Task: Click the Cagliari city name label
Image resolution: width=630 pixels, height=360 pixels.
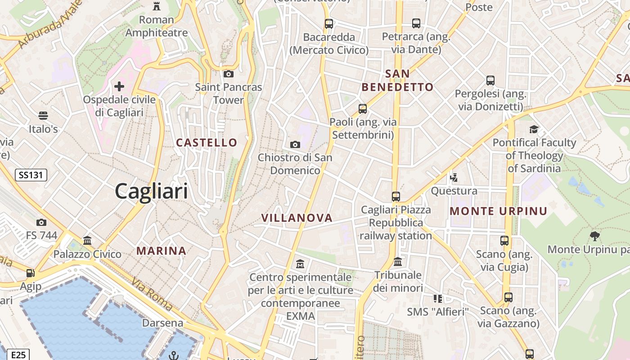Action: pyautogui.click(x=151, y=191)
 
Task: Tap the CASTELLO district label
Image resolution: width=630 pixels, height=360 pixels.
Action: pyautogui.click(x=207, y=143)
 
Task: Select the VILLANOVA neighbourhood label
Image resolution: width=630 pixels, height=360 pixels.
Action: pyautogui.click(x=297, y=218)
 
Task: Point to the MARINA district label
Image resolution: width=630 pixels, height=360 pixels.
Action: pyautogui.click(x=161, y=251)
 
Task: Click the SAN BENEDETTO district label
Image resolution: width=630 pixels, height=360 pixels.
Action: pyautogui.click(x=398, y=80)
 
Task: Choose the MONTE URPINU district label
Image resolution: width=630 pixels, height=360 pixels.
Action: pyautogui.click(x=499, y=211)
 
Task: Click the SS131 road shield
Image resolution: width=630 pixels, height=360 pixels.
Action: pyautogui.click(x=31, y=175)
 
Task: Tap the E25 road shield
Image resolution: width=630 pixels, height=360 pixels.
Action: pyautogui.click(x=18, y=355)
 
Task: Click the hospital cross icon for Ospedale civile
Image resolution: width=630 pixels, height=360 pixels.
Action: pyautogui.click(x=119, y=86)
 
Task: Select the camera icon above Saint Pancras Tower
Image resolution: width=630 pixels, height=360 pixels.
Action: pyautogui.click(x=228, y=74)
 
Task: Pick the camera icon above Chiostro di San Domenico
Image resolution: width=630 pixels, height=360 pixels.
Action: pyautogui.click(x=295, y=144)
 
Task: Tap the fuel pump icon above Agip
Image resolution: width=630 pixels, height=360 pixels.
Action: pyautogui.click(x=30, y=273)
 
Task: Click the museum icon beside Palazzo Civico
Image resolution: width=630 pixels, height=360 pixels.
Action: pyautogui.click(x=87, y=241)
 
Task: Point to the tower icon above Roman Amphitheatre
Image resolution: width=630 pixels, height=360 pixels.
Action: pyautogui.click(x=157, y=6)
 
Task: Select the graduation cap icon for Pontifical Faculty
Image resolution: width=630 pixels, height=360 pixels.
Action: pyautogui.click(x=534, y=129)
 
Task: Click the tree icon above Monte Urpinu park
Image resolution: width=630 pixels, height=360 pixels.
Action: pyautogui.click(x=595, y=236)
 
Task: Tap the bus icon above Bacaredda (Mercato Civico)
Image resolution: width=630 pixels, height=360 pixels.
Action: pyautogui.click(x=329, y=23)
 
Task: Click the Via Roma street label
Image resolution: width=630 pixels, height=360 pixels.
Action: pyautogui.click(x=152, y=295)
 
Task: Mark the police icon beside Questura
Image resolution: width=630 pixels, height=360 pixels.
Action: pyautogui.click(x=454, y=177)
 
